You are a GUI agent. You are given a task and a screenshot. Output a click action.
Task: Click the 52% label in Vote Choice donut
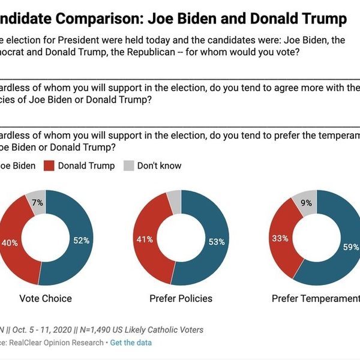tap(81, 241)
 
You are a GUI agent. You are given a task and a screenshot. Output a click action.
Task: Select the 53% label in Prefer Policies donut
tap(217, 242)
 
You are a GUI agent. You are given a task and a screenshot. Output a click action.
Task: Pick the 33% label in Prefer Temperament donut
tap(281, 238)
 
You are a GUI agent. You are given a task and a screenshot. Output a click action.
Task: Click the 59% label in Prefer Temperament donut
tap(351, 247)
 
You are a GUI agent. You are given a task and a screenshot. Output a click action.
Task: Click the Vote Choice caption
tap(46, 298)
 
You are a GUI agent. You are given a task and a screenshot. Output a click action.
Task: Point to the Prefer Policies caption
tap(181, 298)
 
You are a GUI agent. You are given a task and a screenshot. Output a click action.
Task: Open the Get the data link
tap(131, 343)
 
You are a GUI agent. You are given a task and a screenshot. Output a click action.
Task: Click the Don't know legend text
tap(159, 166)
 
